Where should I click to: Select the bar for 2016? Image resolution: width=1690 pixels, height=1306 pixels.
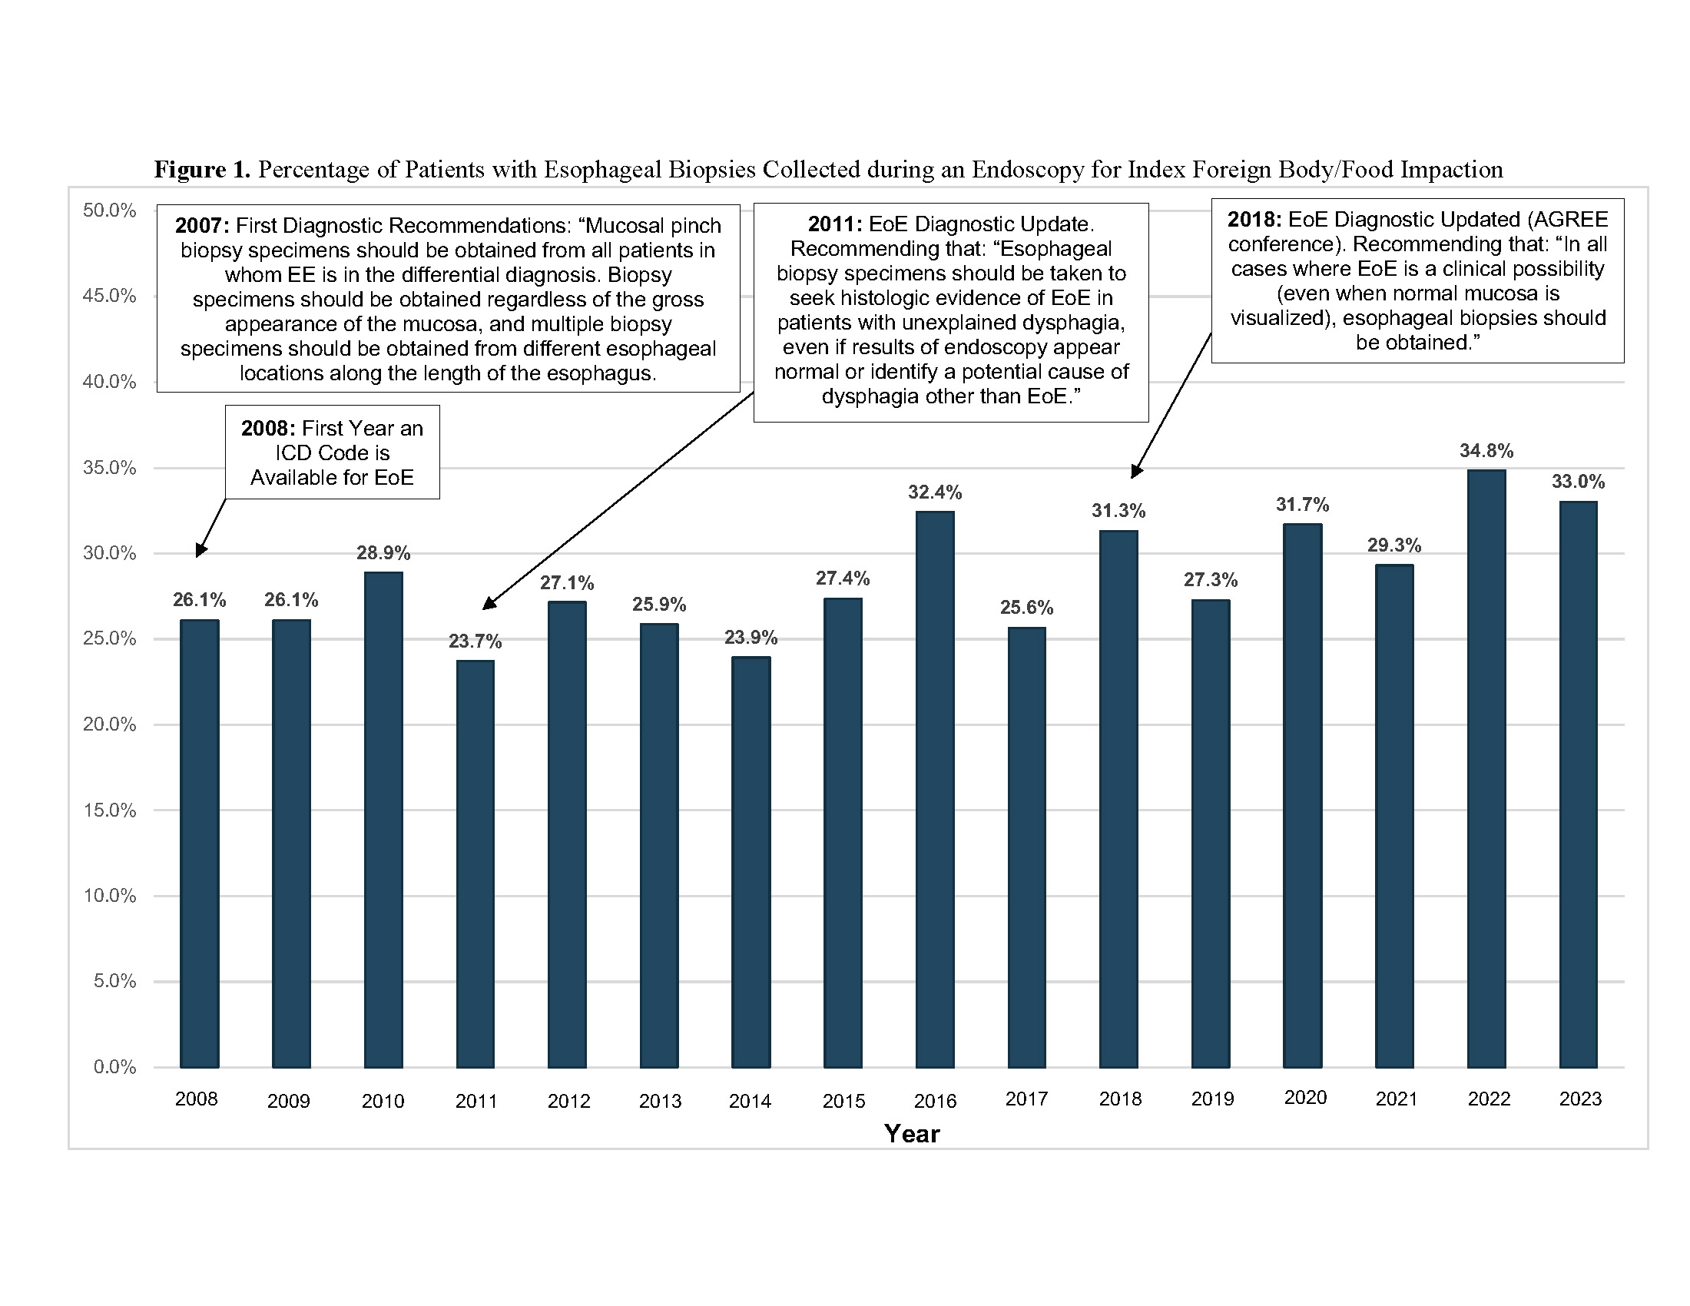(935, 789)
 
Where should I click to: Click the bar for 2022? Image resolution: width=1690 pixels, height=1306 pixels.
(1486, 768)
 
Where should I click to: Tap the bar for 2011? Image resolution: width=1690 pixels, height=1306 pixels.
(475, 863)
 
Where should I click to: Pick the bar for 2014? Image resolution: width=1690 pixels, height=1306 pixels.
(751, 862)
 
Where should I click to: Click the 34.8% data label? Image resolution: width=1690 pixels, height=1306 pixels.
(1486, 450)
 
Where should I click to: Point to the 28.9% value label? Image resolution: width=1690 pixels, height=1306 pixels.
(383, 552)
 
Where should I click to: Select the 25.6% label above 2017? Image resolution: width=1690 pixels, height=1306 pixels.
(1027, 608)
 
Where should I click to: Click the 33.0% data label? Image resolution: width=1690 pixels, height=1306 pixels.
(1578, 481)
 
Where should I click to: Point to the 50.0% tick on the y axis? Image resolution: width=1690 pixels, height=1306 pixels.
(109, 210)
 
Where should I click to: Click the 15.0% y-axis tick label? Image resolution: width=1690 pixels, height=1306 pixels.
(109, 810)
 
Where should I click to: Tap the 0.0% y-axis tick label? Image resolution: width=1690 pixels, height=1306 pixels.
(114, 1067)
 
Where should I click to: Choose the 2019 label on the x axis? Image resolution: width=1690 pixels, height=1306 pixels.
(1211, 1099)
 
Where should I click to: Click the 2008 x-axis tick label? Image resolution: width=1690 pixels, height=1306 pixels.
(197, 1099)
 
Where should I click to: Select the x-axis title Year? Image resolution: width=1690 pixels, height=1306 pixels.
(912, 1133)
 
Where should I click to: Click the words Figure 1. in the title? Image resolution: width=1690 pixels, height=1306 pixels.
(202, 170)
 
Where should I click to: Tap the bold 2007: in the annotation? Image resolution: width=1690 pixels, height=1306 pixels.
(202, 225)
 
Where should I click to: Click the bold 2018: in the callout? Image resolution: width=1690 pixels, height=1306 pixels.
(1254, 219)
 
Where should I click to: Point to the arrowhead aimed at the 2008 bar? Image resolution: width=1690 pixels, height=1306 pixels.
(200, 549)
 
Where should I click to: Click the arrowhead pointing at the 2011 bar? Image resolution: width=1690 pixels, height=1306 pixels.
(489, 604)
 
